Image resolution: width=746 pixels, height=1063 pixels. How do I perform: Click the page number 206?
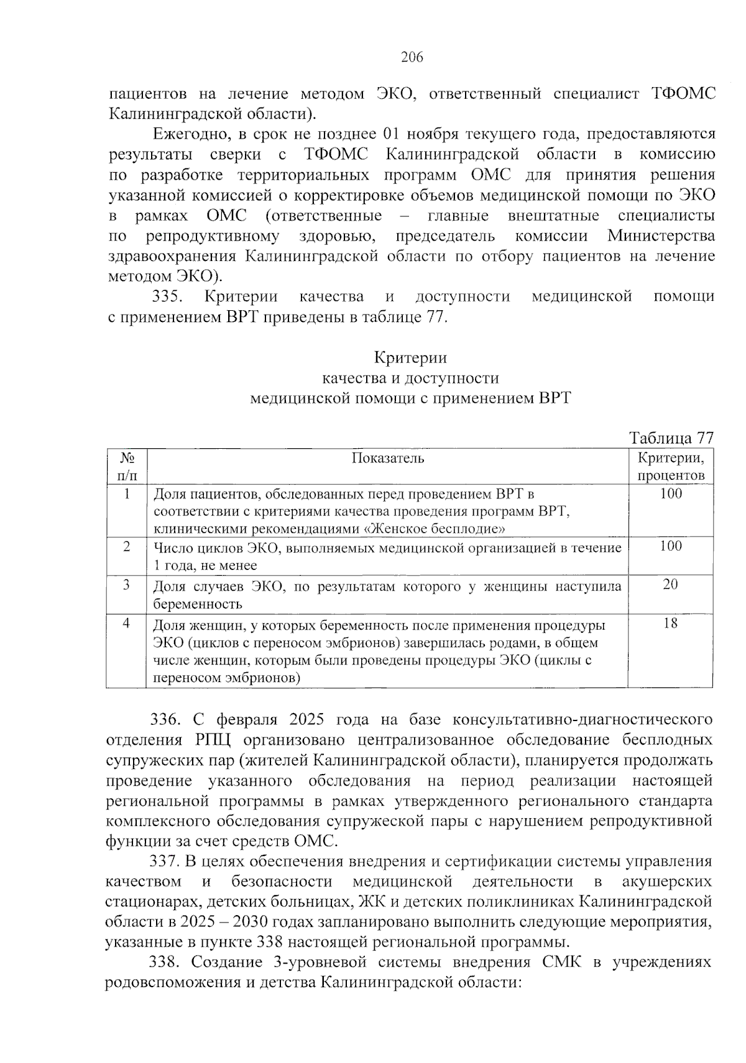pos(412,58)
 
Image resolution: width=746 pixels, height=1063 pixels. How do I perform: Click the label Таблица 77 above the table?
pos(671,438)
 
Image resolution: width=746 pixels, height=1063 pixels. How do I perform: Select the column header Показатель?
pos(388,459)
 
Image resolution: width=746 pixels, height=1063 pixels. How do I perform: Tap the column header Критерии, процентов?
pos(671,467)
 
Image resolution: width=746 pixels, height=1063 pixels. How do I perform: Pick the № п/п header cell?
pos(127,467)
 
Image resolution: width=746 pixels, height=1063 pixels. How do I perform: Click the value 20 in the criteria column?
pos(670,584)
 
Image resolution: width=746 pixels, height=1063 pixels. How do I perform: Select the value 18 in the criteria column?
pos(670,624)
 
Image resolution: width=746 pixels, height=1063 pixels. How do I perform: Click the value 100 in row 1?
pos(670,494)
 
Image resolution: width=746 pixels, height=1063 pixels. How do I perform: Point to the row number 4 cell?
pos(127,624)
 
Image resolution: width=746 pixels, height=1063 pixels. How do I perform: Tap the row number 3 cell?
pos(127,584)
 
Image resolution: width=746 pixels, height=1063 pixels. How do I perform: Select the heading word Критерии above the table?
pos(410,358)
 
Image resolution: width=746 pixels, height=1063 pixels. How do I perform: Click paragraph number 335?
pos(167,297)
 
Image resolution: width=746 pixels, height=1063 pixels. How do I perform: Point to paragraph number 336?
pos(165,720)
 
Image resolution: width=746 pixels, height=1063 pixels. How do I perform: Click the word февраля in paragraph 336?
pos(249,720)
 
